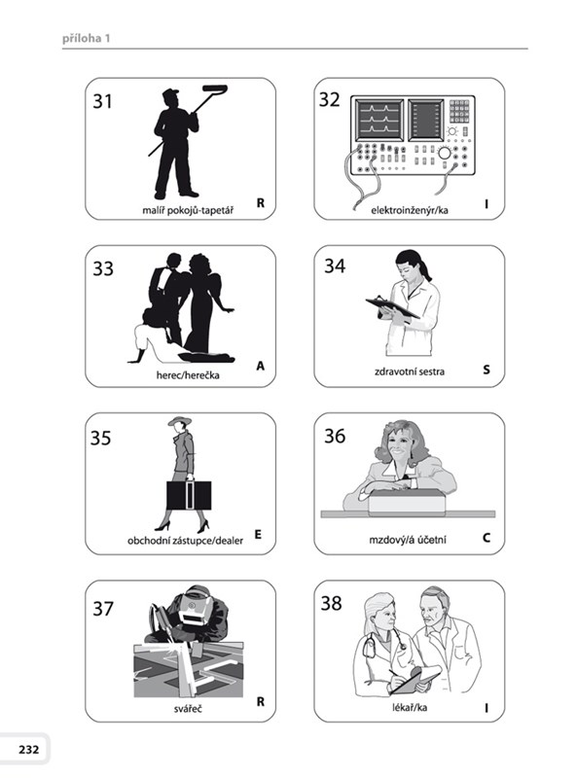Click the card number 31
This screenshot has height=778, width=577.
[102, 101]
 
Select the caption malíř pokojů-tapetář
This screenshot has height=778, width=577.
[188, 210]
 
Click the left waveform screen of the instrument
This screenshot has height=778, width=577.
[379, 120]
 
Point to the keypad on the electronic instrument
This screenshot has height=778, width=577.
[459, 111]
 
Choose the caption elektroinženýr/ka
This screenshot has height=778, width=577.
[410, 210]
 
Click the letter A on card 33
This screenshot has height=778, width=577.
[260, 367]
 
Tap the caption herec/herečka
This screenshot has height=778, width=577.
[188, 375]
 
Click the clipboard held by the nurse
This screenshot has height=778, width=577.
[392, 307]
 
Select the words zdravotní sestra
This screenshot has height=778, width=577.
[410, 371]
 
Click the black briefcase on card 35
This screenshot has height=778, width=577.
[189, 495]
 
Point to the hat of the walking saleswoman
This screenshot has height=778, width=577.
[179, 421]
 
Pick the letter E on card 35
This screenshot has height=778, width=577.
[258, 534]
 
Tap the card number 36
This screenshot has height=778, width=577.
[335, 436]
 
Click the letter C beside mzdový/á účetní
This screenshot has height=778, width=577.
[487, 538]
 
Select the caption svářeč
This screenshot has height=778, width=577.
[188, 709]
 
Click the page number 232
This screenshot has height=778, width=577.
[29, 749]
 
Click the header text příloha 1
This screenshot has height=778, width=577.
[87, 38]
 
